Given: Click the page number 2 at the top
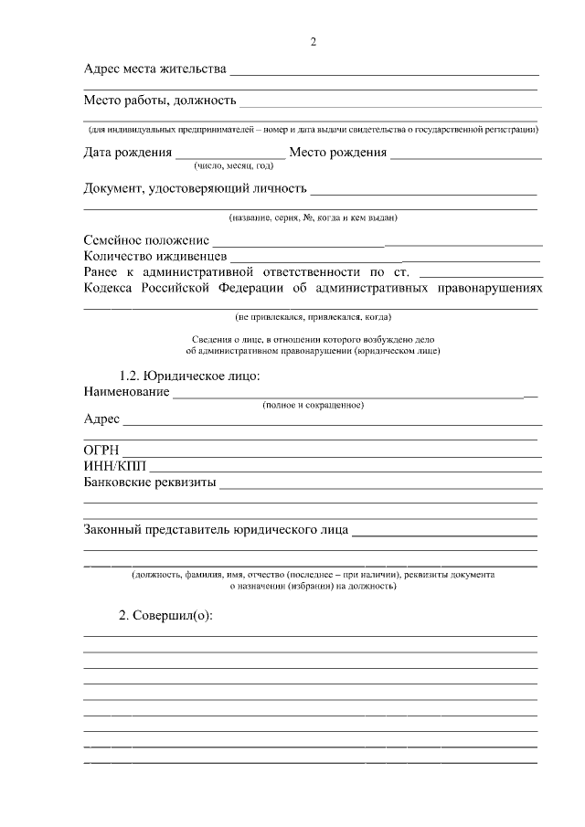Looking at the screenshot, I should click(314, 42).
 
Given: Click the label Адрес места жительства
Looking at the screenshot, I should click(154, 69).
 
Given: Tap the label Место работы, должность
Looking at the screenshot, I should click(160, 100).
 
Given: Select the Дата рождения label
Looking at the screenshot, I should click(127, 153).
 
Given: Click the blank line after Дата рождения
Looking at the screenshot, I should click(229, 154).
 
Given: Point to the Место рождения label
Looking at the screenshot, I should click(337, 153).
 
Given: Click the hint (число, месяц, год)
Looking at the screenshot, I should click(233, 166).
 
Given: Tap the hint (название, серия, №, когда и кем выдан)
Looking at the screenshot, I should click(313, 217).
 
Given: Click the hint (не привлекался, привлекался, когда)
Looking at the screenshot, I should click(314, 317).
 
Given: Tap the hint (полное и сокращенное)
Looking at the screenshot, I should click(313, 404).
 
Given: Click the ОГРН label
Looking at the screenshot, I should click(101, 451).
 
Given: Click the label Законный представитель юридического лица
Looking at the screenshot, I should click(215, 529).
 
